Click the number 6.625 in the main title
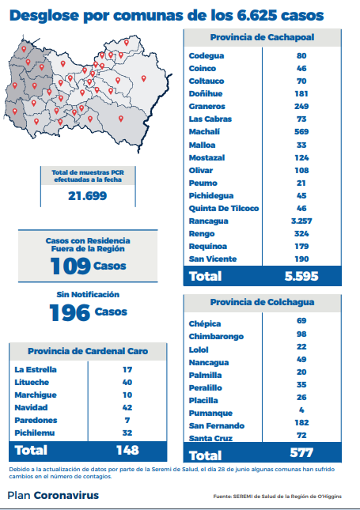pyautogui.click(x=256, y=15)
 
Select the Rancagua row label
pyautogui.click(x=208, y=221)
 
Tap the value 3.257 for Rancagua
pyautogui.click(x=301, y=221)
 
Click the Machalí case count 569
pyautogui.click(x=301, y=132)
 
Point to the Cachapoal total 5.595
pyautogui.click(x=301, y=276)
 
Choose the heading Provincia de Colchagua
pyautogui.click(x=262, y=302)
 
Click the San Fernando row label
pyautogui.click(x=217, y=425)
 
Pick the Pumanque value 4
pyautogui.click(x=301, y=410)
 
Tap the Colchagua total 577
pyautogui.click(x=301, y=453)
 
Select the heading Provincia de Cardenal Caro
pyautogui.click(x=88, y=351)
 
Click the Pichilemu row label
pyautogui.click(x=35, y=433)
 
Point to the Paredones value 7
pyautogui.click(x=127, y=420)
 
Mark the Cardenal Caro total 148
pyautogui.click(x=127, y=450)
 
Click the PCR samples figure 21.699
pyautogui.click(x=88, y=196)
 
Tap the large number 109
pyautogui.click(x=70, y=266)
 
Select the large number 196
pyautogui.click(x=70, y=312)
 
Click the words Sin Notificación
pyautogui.click(x=88, y=294)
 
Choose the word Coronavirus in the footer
pyautogui.click(x=66, y=495)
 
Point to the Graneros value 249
pyautogui.click(x=301, y=107)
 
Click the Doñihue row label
pyautogui.click(x=206, y=93)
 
